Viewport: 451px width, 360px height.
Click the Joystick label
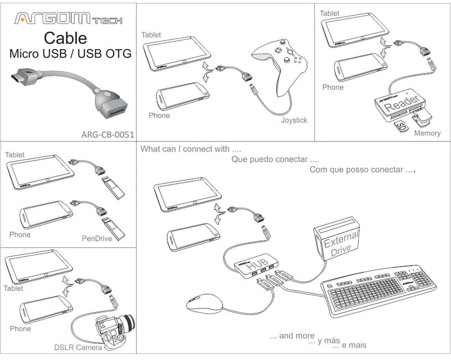click(x=294, y=120)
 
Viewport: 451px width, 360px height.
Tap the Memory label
click(x=427, y=133)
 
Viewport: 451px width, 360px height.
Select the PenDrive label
click(x=97, y=238)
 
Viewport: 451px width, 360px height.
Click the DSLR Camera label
click(x=75, y=347)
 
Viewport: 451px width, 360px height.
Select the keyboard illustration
click(x=378, y=291)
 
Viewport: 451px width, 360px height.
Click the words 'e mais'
click(x=354, y=345)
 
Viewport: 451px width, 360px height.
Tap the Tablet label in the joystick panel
click(x=151, y=35)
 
